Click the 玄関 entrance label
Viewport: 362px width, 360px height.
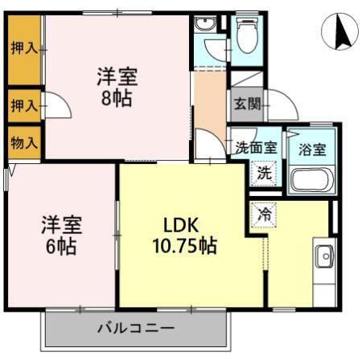point(246,104)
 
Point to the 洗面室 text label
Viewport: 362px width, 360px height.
point(256,148)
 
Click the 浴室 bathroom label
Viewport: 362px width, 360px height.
point(312,148)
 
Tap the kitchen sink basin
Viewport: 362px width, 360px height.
point(325,256)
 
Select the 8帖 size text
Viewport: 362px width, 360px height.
point(117,99)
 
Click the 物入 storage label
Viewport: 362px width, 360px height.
point(24,143)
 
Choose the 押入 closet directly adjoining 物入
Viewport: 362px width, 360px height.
point(24,104)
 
